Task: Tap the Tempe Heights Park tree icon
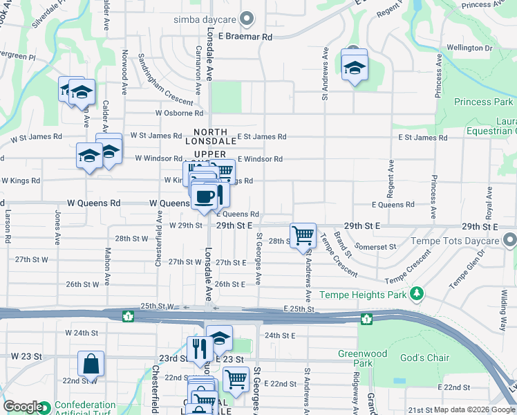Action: [416, 295]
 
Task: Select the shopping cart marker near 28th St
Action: [303, 236]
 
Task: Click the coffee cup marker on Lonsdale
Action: [205, 196]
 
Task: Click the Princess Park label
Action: [483, 102]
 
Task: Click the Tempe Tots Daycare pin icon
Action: [510, 241]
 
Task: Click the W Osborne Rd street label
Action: [179, 113]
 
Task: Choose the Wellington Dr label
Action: [469, 48]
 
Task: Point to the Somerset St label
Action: [375, 246]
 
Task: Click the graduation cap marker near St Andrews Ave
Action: [355, 68]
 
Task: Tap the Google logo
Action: [22, 407]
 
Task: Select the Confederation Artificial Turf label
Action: [85, 408]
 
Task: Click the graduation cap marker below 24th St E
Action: [219, 338]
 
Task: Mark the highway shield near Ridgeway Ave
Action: [366, 318]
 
